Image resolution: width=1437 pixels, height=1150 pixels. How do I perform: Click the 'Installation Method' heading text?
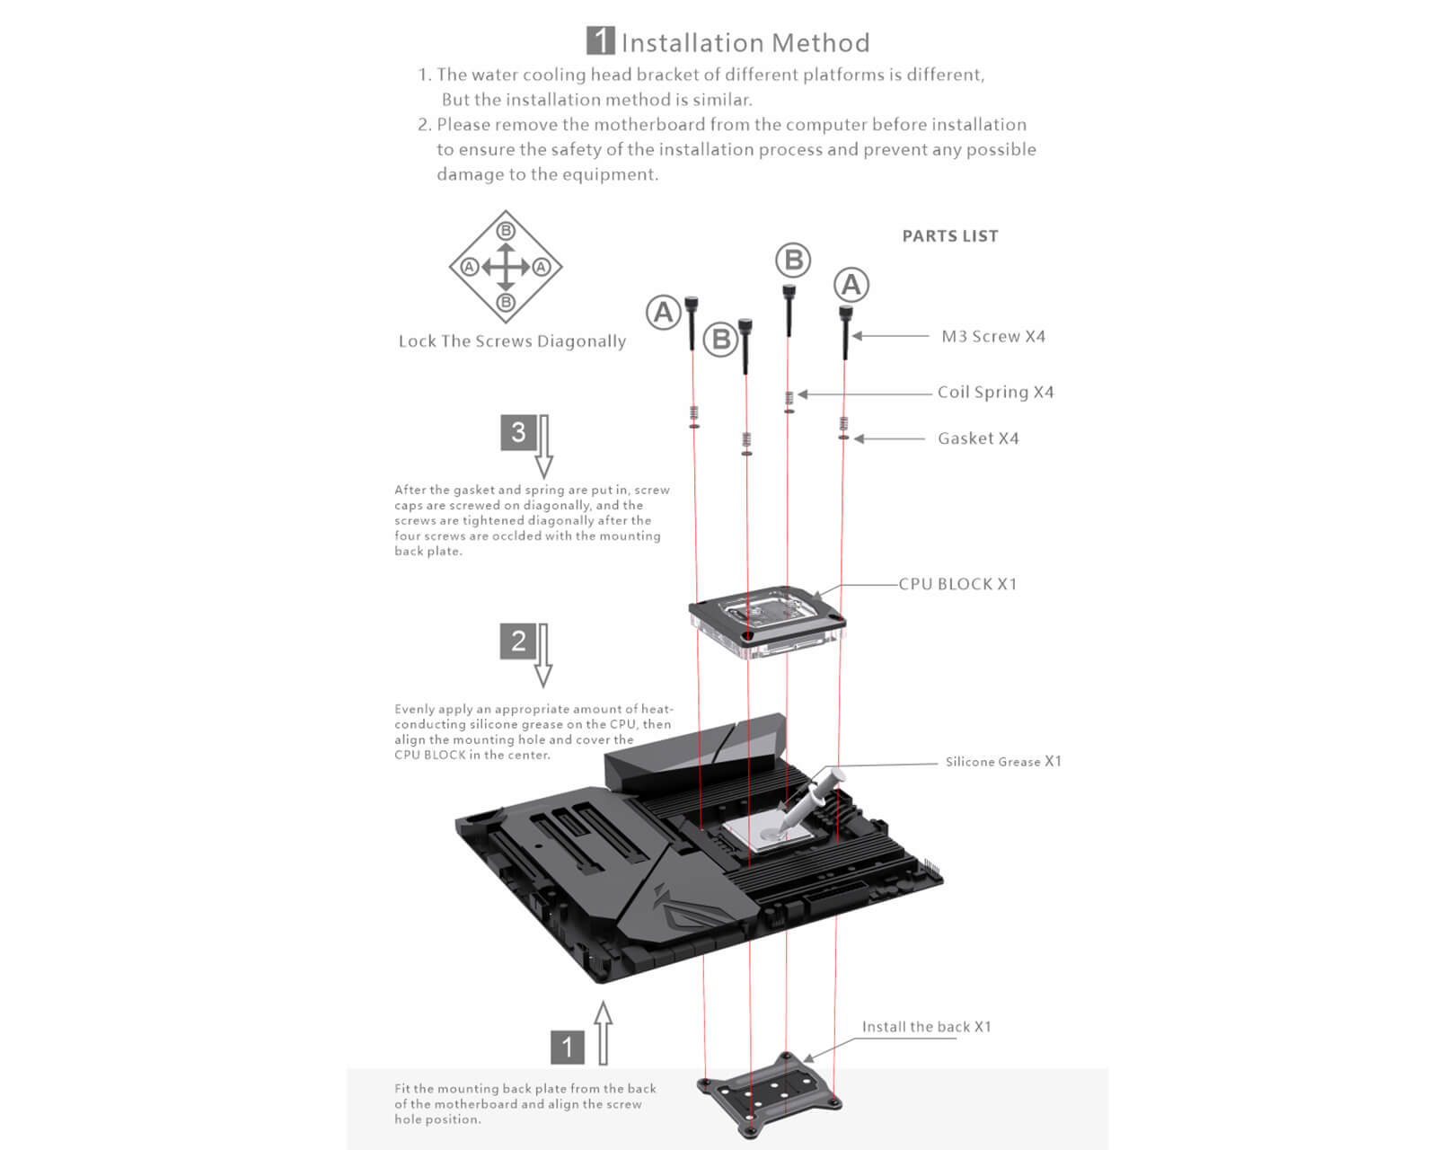pyautogui.click(x=745, y=43)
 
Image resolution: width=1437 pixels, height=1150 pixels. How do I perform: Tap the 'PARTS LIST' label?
pyautogui.click(x=949, y=236)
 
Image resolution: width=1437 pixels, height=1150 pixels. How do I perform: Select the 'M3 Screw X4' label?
pyautogui.click(x=992, y=336)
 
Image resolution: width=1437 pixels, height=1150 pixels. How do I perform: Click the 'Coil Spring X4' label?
pyautogui.click(x=995, y=392)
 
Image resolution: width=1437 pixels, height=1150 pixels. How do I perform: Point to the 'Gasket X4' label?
pyautogui.click(x=977, y=438)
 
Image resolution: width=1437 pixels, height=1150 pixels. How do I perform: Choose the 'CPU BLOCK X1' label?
pyautogui.click(x=957, y=584)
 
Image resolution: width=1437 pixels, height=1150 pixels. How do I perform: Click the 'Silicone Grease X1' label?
pyautogui.click(x=1002, y=762)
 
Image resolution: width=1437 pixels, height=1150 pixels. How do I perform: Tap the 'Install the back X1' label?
pyautogui.click(x=926, y=1027)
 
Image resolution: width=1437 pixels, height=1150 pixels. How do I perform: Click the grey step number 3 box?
pyautogui.click(x=518, y=432)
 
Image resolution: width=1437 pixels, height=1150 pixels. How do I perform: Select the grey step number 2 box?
pyautogui.click(x=518, y=641)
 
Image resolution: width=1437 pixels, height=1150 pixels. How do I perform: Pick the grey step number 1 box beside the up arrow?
pyautogui.click(x=567, y=1047)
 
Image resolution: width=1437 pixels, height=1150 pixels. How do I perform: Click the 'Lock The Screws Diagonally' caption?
pyautogui.click(x=512, y=341)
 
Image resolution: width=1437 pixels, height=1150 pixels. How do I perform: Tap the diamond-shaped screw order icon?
pyautogui.click(x=506, y=267)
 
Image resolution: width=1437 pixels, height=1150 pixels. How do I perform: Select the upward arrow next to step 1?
pyautogui.click(x=604, y=1033)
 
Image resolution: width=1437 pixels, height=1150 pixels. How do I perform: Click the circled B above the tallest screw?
pyautogui.click(x=793, y=261)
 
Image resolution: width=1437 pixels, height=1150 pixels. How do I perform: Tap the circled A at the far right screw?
pyautogui.click(x=851, y=286)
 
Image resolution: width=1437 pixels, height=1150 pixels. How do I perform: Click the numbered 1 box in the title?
pyautogui.click(x=600, y=41)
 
